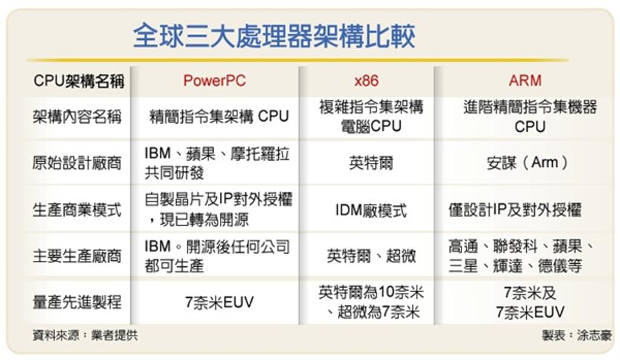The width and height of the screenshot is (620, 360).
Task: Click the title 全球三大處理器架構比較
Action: pos(274,36)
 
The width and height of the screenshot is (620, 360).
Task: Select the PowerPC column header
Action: pos(214,80)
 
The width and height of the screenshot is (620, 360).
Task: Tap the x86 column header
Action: pos(366,80)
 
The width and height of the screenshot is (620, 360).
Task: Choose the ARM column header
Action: pos(525,80)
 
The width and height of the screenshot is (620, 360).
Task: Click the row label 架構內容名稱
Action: pos(77,117)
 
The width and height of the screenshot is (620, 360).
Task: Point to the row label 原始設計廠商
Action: pos(77,163)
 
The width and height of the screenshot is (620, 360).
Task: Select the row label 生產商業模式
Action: pos(77,210)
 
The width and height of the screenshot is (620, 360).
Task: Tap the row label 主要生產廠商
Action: pos(77,256)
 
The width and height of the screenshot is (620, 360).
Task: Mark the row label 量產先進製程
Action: pos(77,303)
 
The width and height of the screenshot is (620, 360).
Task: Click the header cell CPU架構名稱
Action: pos(79,81)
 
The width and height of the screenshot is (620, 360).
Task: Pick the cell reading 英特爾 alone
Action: pos(371,163)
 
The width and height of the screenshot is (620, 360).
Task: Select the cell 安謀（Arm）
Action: pos(527,162)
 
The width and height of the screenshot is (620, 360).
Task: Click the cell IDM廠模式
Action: pos(371,210)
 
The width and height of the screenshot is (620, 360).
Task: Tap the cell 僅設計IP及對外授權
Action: pos(515,210)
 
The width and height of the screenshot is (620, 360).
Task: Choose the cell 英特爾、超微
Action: pos(371,256)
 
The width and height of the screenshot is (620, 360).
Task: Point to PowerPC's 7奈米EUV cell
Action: pos(219,303)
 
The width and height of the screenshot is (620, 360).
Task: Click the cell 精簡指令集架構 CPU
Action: pos(219,117)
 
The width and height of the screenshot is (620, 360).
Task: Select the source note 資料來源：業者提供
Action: pos(85,336)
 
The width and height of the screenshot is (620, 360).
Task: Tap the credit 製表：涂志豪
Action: pos(576,336)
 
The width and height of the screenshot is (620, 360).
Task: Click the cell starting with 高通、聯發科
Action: pos(521,256)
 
